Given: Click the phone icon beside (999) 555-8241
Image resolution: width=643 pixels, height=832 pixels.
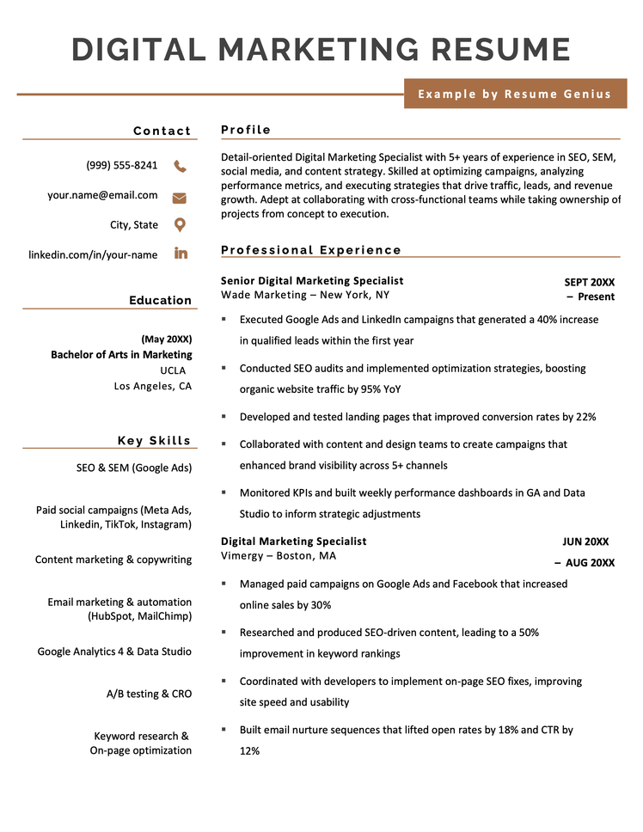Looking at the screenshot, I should pyautogui.click(x=180, y=166).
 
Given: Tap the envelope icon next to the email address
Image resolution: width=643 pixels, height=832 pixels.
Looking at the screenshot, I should pyautogui.click(x=180, y=197).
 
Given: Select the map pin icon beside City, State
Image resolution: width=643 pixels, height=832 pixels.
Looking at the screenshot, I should pyautogui.click(x=180, y=225).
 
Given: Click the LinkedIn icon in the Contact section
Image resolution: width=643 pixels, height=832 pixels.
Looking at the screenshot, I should pyautogui.click(x=181, y=254).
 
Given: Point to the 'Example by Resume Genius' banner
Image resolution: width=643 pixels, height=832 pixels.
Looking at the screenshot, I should pyautogui.click(x=515, y=94).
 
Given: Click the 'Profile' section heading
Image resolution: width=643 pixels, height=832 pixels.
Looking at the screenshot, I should pyautogui.click(x=246, y=130).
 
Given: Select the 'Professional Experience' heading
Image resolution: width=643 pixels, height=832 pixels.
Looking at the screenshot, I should pyautogui.click(x=311, y=250).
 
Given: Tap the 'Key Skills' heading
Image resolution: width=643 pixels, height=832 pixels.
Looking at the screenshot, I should pyautogui.click(x=155, y=441).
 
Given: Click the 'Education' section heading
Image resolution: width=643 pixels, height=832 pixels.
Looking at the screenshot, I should pyautogui.click(x=161, y=300).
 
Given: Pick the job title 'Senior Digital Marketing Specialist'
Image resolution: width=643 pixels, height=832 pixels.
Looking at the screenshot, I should pyautogui.click(x=312, y=281).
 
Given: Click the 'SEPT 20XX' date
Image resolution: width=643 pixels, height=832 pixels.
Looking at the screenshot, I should pyautogui.click(x=590, y=282).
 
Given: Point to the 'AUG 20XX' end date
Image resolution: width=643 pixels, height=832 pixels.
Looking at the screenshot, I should pyautogui.click(x=590, y=563).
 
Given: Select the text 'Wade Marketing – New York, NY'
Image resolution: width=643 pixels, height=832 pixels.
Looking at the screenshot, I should pyautogui.click(x=305, y=295).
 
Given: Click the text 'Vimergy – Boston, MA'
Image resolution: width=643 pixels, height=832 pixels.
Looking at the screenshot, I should pyautogui.click(x=279, y=556).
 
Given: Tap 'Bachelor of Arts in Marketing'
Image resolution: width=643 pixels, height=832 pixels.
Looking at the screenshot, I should pyautogui.click(x=121, y=354).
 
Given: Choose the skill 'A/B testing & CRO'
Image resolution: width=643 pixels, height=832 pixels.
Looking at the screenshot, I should pyautogui.click(x=143, y=694).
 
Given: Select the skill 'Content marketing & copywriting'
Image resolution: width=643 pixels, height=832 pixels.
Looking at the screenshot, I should pyautogui.click(x=113, y=560).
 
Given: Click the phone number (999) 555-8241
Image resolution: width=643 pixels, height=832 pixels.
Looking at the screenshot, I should pyautogui.click(x=122, y=165).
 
